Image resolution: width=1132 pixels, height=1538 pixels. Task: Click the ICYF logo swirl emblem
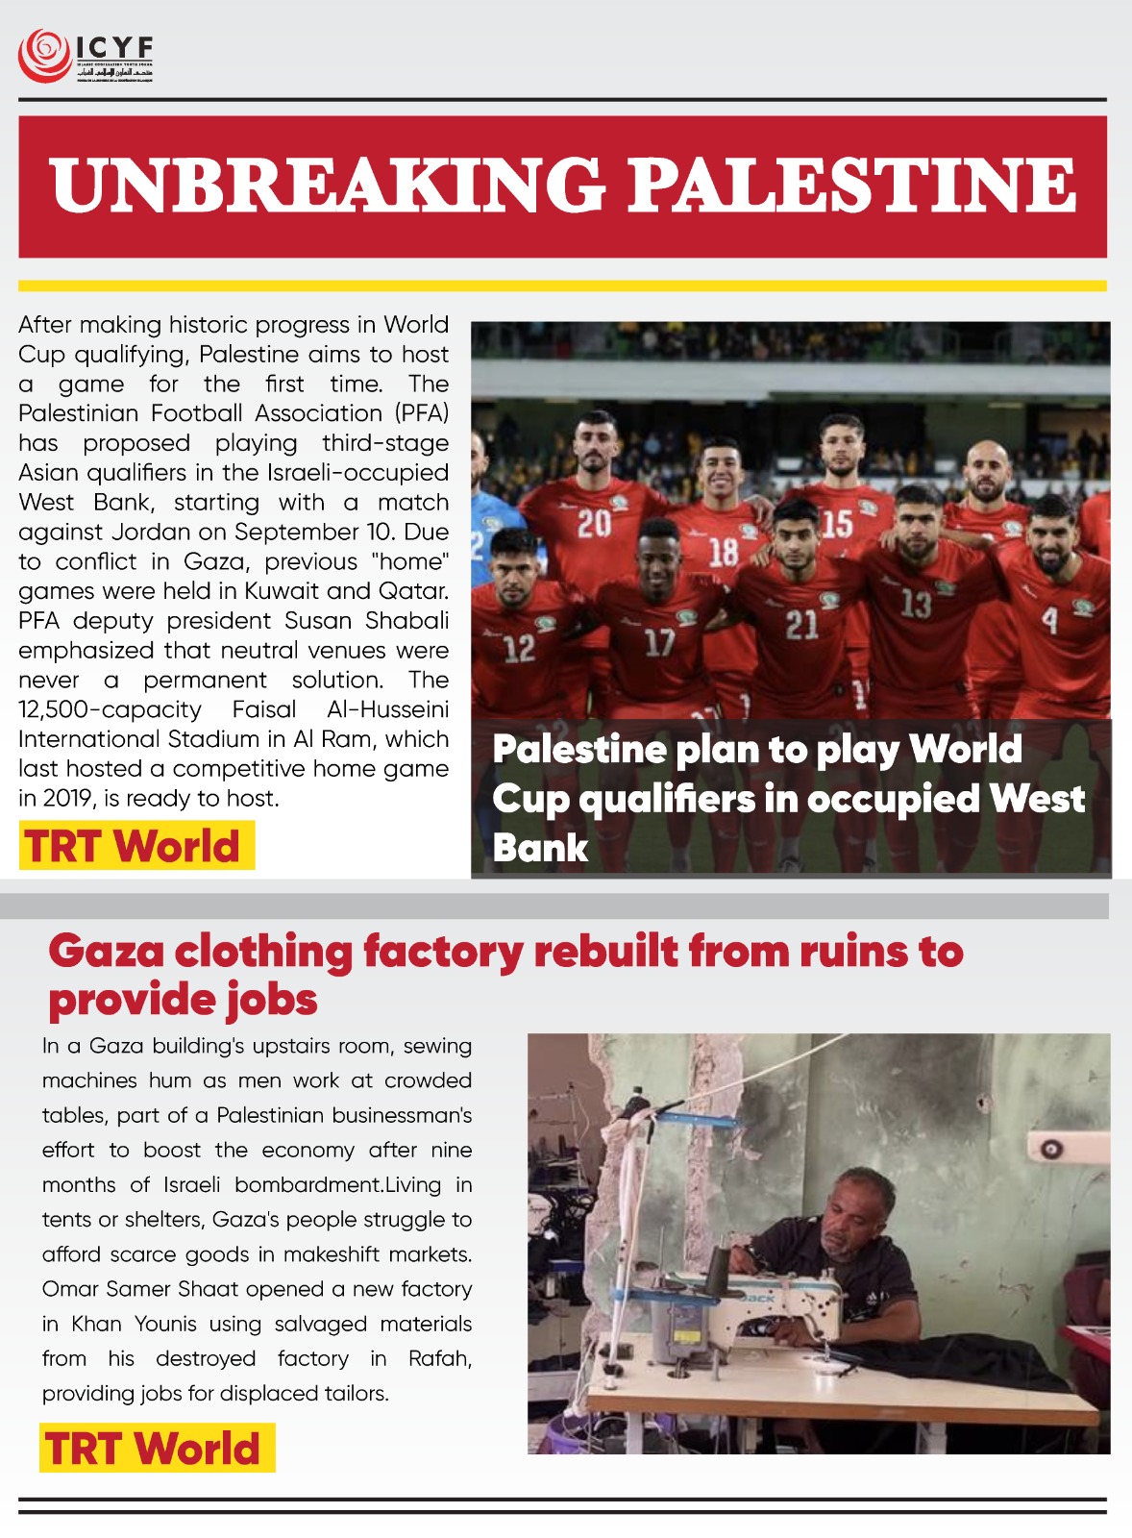42,56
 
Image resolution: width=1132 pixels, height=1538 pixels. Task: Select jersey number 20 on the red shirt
594,524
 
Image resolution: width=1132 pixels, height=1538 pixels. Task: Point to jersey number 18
724,552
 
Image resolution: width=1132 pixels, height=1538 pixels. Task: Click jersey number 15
836,524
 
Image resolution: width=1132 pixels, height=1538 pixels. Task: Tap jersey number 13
916,604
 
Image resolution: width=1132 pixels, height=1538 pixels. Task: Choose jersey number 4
1049,620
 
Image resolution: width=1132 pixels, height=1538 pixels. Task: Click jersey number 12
519,649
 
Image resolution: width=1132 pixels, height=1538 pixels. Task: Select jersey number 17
659,642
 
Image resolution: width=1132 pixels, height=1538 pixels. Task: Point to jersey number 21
801,626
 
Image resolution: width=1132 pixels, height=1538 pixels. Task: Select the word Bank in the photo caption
540,848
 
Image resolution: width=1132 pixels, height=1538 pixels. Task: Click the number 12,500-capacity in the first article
110,709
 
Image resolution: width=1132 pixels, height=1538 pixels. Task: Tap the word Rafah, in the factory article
439,1358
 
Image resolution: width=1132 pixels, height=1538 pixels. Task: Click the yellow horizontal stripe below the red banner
562,285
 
